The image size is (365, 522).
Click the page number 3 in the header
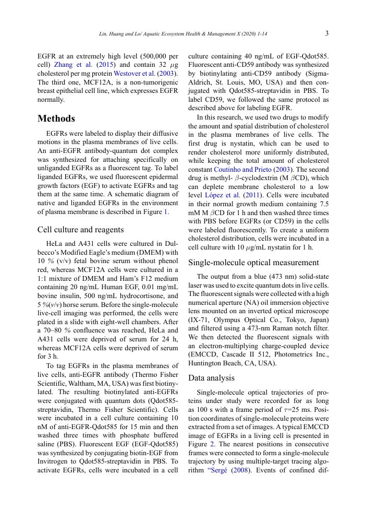[326, 33]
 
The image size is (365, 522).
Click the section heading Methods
[56, 118]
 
